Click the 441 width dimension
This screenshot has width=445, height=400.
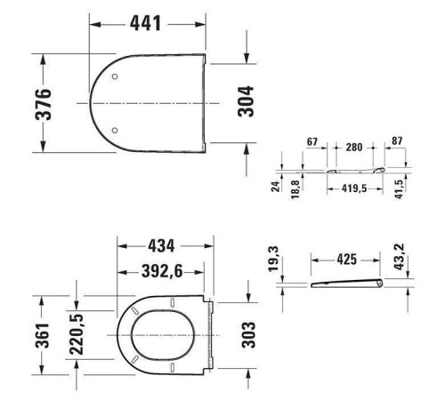[x=145, y=23]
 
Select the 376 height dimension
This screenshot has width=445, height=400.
[x=44, y=104]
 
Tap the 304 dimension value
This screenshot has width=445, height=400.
[x=246, y=101]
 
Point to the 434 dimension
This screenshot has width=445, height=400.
[x=161, y=246]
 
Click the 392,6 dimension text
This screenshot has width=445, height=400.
[x=162, y=271]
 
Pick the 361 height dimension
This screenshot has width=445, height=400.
[x=42, y=335]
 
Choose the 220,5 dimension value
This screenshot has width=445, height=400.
[x=77, y=334]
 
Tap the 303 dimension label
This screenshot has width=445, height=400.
[x=248, y=335]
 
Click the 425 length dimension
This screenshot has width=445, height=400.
[x=346, y=260]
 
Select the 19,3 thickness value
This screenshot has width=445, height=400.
[x=273, y=259]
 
